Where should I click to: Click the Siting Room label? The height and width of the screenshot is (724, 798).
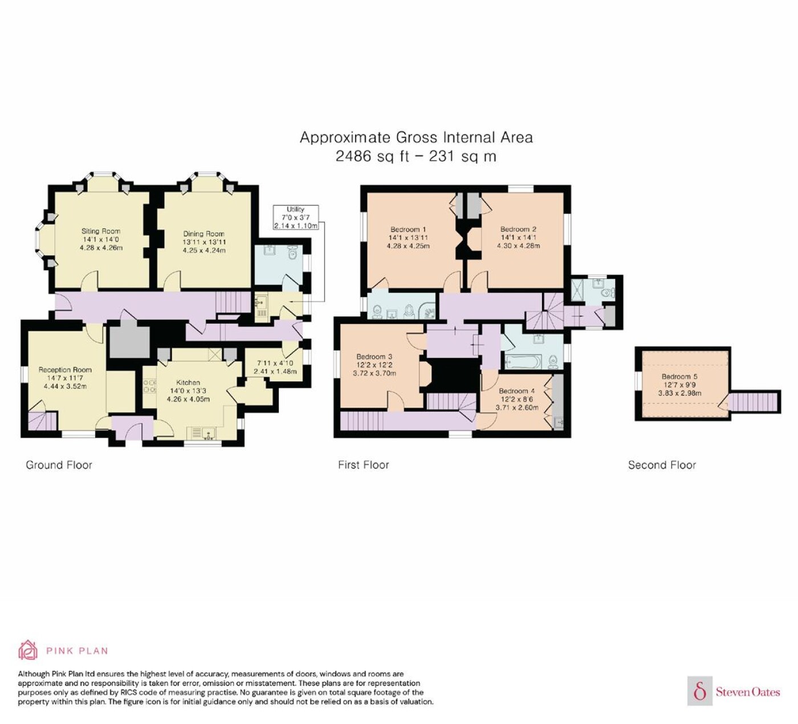tap(101, 231)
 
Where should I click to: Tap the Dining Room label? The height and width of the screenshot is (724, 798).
tap(203, 234)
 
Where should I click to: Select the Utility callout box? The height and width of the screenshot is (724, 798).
tap(296, 217)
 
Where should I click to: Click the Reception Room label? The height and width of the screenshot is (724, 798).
tap(65, 370)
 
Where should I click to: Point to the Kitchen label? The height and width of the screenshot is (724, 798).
tap(188, 383)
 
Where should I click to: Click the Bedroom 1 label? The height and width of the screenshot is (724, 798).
tap(408, 229)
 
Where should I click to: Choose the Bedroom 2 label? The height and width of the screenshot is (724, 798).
tap(518, 229)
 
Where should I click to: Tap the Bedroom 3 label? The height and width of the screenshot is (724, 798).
tap(374, 357)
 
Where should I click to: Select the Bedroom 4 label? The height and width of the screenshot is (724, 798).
tap(517, 391)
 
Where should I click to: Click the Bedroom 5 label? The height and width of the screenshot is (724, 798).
tap(679, 376)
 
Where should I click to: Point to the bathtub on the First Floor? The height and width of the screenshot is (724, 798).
tap(523, 362)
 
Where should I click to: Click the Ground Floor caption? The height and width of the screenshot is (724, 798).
tap(59, 465)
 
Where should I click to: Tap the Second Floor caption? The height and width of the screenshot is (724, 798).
tap(662, 465)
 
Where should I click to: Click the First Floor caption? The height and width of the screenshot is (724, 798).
tap(363, 465)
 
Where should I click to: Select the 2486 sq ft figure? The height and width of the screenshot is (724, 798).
tap(372, 156)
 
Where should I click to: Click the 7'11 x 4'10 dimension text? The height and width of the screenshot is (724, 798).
tap(275, 363)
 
